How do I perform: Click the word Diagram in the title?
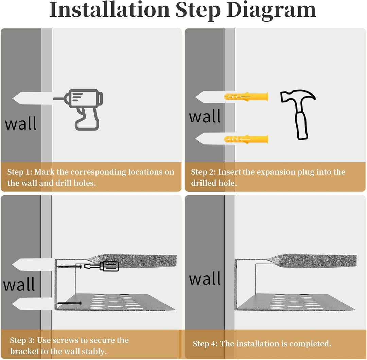[x=271, y=10]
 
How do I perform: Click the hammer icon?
[x=298, y=114]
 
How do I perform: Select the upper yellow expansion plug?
[x=246, y=97]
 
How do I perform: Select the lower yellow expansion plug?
[x=246, y=139]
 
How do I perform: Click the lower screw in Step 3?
[x=69, y=303]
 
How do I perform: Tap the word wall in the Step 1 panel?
[x=21, y=123]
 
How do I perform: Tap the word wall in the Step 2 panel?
[x=205, y=116]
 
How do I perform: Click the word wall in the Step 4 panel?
[x=205, y=278]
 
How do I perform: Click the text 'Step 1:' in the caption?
[x=20, y=172]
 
